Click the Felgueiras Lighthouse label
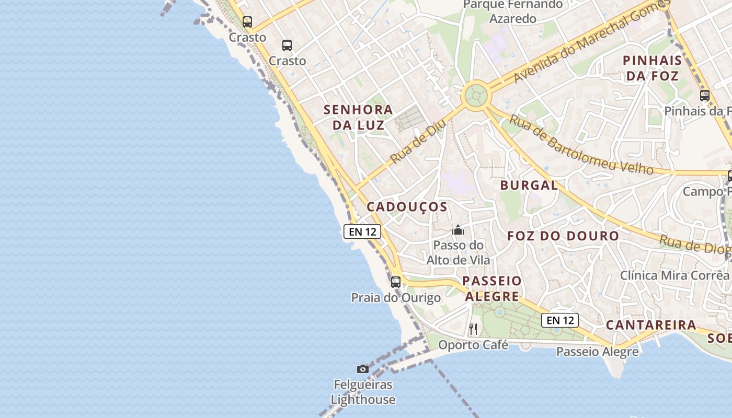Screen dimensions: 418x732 pos(363,392)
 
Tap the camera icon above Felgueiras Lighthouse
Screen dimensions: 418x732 pos(363,369)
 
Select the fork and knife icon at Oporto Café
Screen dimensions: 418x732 pos(473,329)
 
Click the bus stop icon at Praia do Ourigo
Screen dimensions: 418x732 pos(396,282)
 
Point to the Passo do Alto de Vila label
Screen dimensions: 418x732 pos(459,252)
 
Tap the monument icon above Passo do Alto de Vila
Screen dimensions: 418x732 pos(458,230)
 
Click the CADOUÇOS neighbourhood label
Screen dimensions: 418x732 pos(407,207)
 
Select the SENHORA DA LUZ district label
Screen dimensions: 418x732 pos(358,118)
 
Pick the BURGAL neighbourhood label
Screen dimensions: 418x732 pos(529,185)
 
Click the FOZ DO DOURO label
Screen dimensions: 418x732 pos(563,236)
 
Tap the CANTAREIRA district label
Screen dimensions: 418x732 pos(651,326)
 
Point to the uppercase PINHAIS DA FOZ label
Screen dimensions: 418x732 pos(653,68)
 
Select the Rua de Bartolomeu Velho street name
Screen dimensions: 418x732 pos(581,146)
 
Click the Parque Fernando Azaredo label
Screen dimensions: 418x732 pos(513,11)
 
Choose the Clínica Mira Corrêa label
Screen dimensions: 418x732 pos(674,275)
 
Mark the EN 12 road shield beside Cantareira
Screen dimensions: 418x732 pos(559,320)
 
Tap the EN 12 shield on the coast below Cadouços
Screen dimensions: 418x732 pos(362,231)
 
